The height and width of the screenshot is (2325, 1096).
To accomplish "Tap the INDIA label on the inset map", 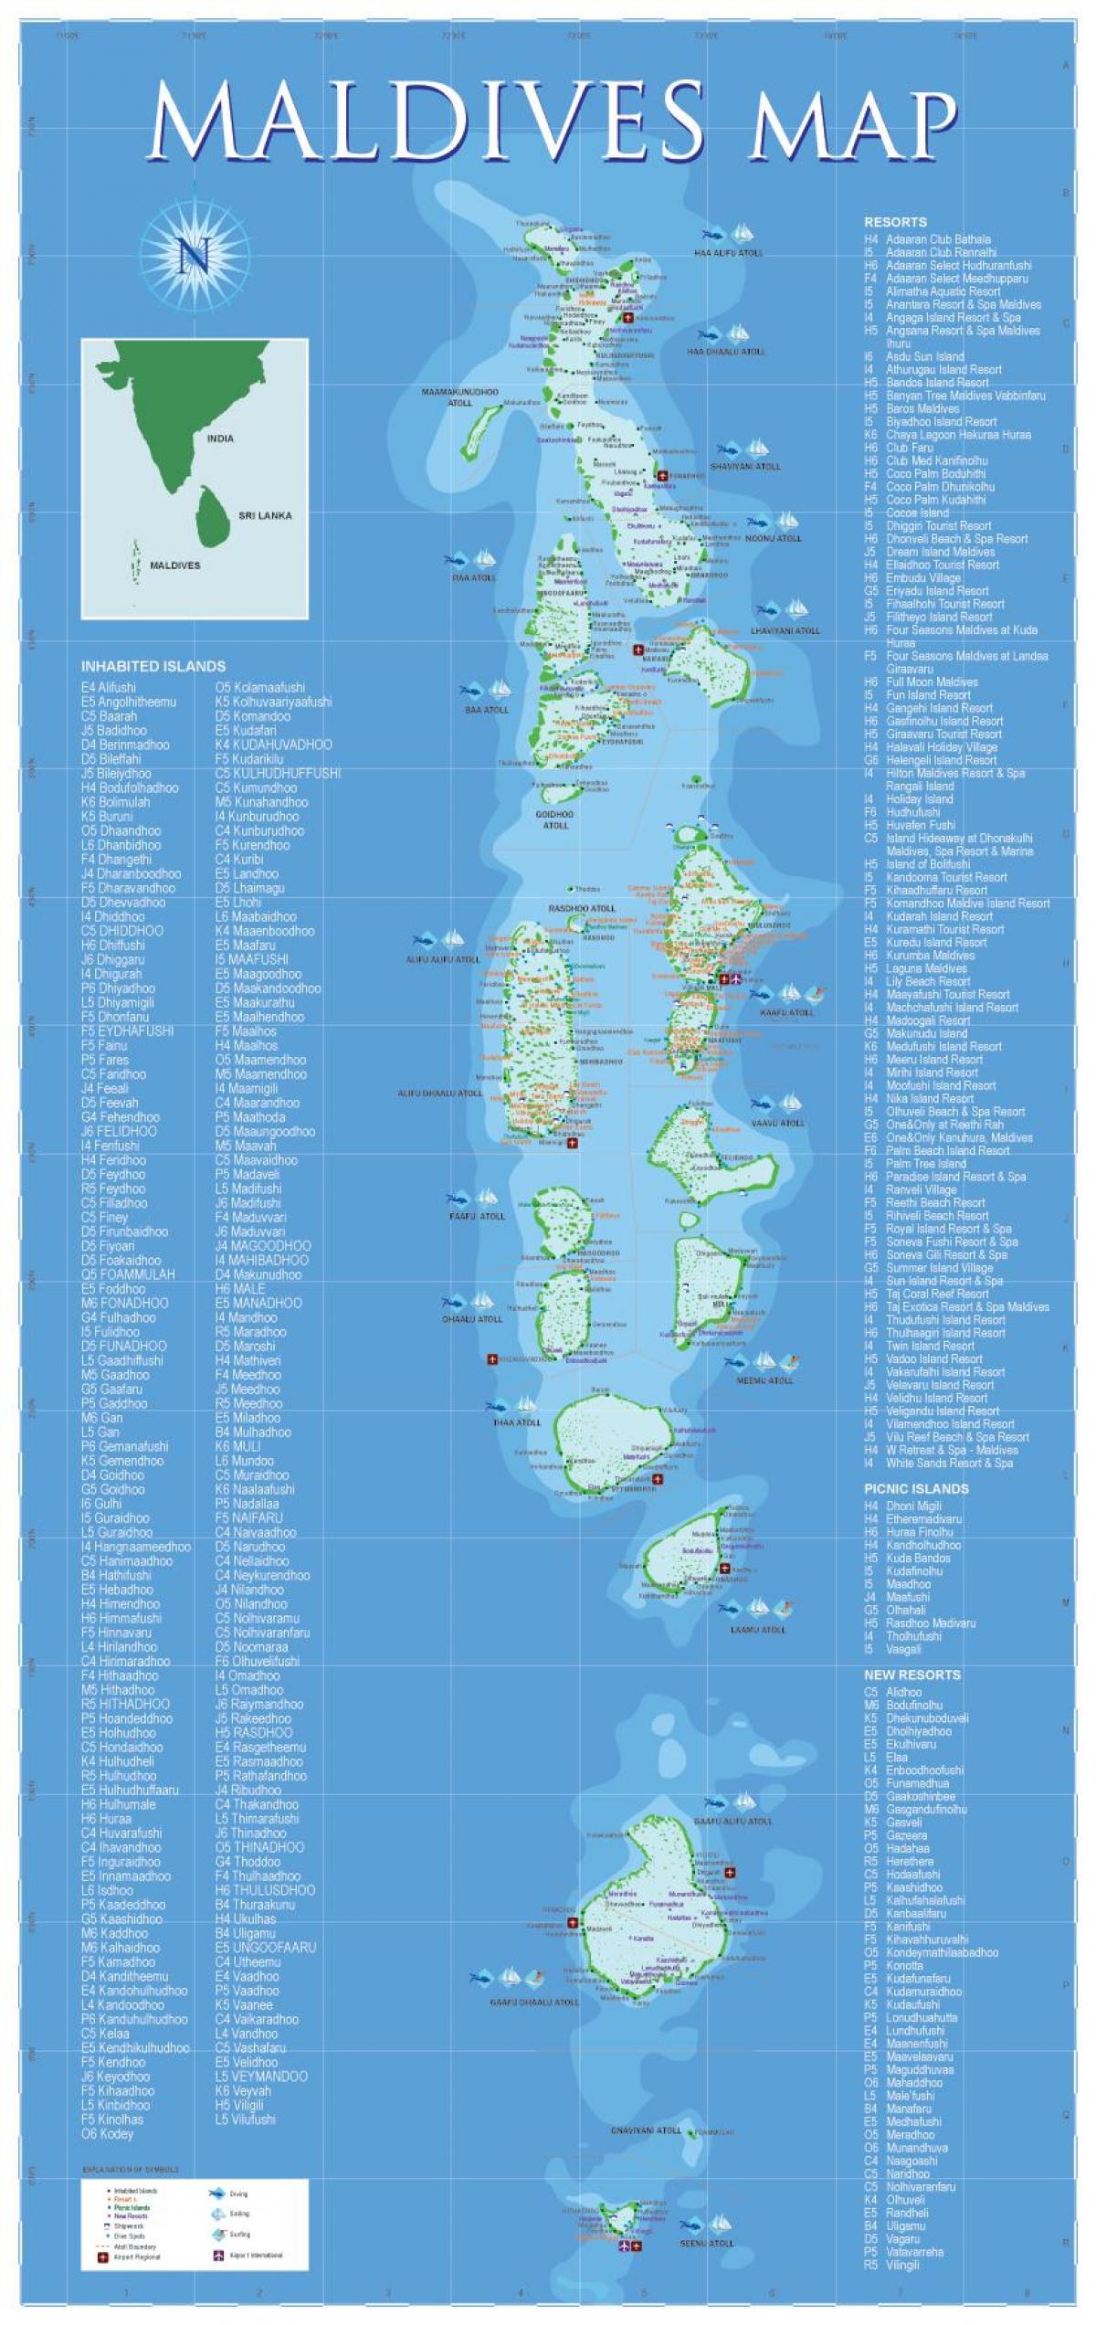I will click(x=220, y=439).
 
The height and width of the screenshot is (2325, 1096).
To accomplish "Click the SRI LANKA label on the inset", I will click(x=265, y=515).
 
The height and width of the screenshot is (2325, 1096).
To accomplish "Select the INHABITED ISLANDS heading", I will click(x=153, y=666).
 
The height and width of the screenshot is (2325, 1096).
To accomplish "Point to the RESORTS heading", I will click(x=895, y=222).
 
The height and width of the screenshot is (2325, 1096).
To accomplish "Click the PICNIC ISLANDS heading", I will click(x=916, y=1488).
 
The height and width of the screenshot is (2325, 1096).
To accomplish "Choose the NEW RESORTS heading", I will click(x=912, y=1675).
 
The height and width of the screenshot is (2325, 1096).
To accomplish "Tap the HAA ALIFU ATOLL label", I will click(x=727, y=252).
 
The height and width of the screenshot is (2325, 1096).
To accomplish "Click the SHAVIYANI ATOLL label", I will click(x=745, y=466).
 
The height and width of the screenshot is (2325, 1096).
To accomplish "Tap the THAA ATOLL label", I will click(x=517, y=1421).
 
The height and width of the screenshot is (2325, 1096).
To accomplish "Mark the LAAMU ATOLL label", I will click(x=757, y=1630).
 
